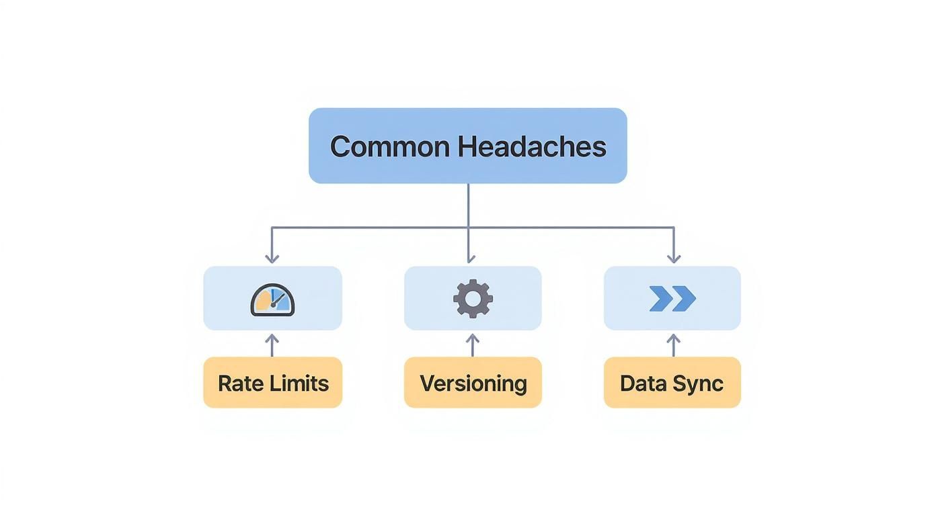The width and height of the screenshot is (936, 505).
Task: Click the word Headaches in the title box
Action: point(533,146)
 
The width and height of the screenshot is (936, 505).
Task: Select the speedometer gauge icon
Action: point(272,300)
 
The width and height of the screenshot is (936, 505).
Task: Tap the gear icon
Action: point(473,299)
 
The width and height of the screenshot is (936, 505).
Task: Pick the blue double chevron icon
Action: point(672,299)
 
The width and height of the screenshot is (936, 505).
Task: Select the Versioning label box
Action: point(473,383)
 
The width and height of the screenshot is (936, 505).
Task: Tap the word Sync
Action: point(701,383)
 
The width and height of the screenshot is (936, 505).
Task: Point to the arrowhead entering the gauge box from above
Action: point(272,259)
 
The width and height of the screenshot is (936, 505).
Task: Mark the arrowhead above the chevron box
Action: point(674,259)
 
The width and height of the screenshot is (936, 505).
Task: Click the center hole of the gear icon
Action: point(473,299)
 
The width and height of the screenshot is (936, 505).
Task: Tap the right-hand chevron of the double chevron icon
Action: point(684,299)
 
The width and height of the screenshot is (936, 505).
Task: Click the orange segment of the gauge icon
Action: point(262,302)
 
